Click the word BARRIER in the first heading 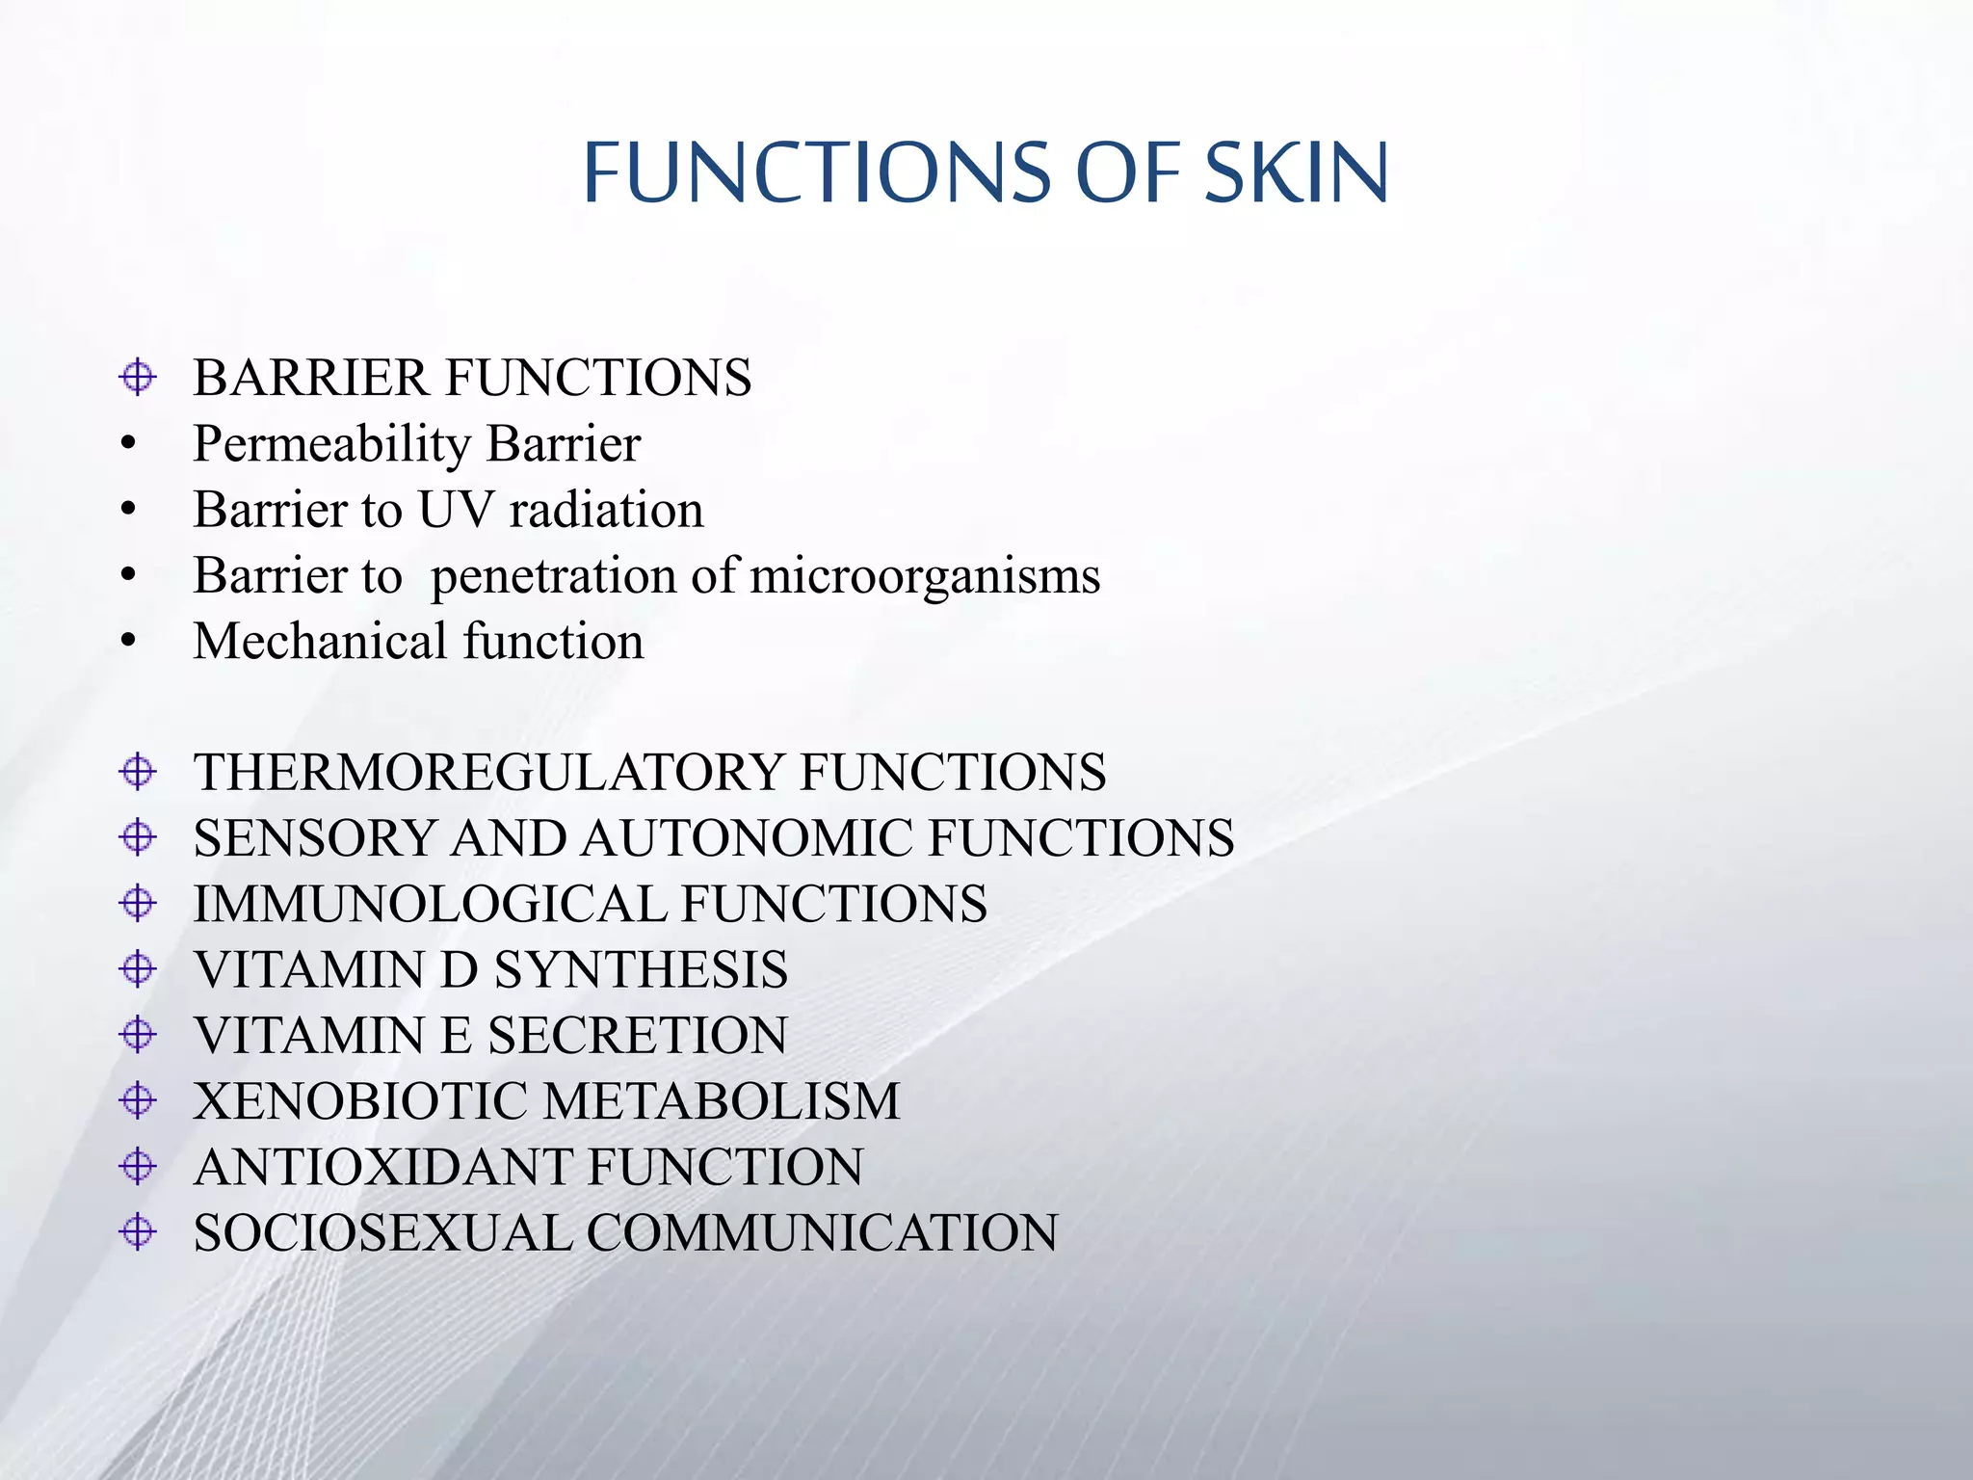pos(310,378)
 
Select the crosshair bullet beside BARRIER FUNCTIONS pos(138,377)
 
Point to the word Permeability pos(331,444)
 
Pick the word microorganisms pos(925,576)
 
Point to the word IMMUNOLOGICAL pos(430,904)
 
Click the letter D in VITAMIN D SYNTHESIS pos(460,970)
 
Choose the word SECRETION pos(637,1036)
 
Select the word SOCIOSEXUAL pos(382,1233)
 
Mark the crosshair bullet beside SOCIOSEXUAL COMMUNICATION pos(138,1231)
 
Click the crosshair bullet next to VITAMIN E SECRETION pos(138,1035)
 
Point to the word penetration pos(554,576)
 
